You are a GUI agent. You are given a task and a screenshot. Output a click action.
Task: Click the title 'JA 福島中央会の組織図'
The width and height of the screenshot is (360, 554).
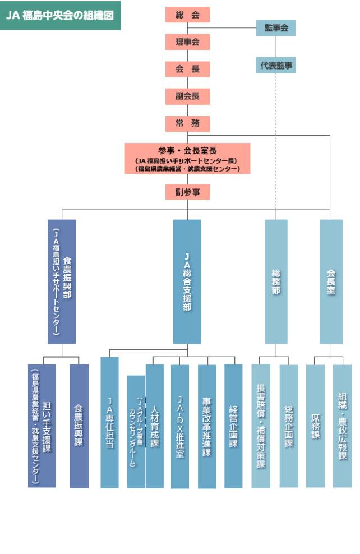[60, 15]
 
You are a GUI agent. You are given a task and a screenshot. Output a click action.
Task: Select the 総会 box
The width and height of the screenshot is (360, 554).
[187, 15]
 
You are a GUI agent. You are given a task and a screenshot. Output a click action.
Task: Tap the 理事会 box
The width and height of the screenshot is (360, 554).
[187, 42]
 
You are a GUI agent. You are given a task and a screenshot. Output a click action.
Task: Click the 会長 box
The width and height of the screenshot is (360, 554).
[187, 69]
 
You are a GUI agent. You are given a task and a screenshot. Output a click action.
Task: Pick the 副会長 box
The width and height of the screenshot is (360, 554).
[187, 96]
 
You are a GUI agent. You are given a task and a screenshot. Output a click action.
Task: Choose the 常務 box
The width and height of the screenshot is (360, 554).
[187, 123]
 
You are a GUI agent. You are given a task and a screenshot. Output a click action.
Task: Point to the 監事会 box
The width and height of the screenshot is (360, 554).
[276, 27]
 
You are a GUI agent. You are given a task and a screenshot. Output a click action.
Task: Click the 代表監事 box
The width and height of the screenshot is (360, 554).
[276, 66]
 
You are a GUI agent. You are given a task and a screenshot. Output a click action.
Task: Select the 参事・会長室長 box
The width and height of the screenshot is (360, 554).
[187, 159]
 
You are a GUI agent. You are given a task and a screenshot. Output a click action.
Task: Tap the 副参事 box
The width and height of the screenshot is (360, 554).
[187, 192]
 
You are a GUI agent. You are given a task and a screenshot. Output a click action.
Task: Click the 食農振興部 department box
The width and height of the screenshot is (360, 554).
[62, 281]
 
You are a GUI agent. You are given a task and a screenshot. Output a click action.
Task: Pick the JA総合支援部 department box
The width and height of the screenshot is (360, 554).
[187, 281]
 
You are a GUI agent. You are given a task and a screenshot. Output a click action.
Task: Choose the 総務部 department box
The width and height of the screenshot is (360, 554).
[276, 281]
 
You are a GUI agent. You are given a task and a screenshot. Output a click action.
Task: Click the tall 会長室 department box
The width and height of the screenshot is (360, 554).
[331, 281]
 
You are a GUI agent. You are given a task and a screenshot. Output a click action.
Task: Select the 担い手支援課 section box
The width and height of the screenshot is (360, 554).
[42, 426]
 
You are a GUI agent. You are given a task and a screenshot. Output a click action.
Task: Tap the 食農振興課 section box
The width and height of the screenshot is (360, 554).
[79, 426]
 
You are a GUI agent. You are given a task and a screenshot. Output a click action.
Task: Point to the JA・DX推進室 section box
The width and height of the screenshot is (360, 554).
[180, 426]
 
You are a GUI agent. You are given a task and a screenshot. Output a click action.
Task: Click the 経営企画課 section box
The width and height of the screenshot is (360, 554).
[233, 426]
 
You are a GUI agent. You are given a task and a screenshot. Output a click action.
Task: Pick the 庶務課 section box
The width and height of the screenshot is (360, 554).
[315, 426]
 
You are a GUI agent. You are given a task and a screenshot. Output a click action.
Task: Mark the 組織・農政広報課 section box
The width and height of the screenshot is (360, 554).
[343, 426]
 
